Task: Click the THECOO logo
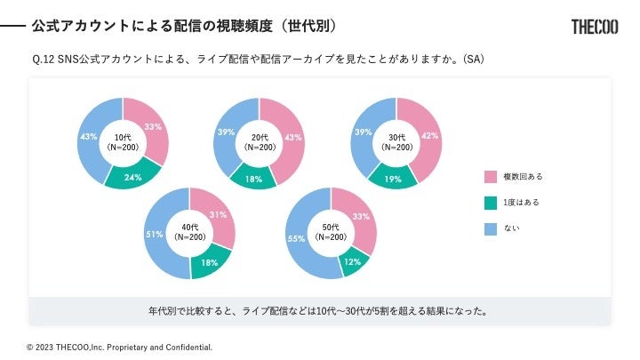595,26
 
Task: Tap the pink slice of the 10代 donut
153,132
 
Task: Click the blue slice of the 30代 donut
364,132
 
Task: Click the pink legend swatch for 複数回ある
490,177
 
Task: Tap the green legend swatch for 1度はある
490,203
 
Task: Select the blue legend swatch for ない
490,228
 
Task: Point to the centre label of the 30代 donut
396,142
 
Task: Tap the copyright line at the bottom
119,347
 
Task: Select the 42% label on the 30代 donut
429,136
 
